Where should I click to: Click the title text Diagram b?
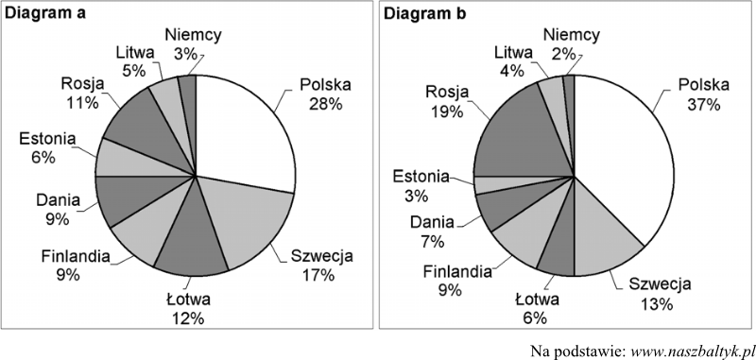pyautogui.click(x=427, y=15)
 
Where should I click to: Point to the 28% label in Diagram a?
pyautogui.click(x=325, y=103)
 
